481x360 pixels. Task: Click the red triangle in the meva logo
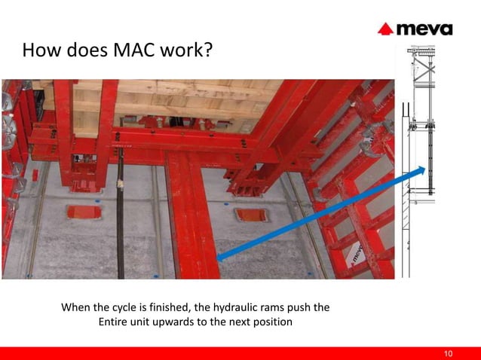click(x=385, y=30)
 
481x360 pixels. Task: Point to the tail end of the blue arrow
click(x=219, y=259)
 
